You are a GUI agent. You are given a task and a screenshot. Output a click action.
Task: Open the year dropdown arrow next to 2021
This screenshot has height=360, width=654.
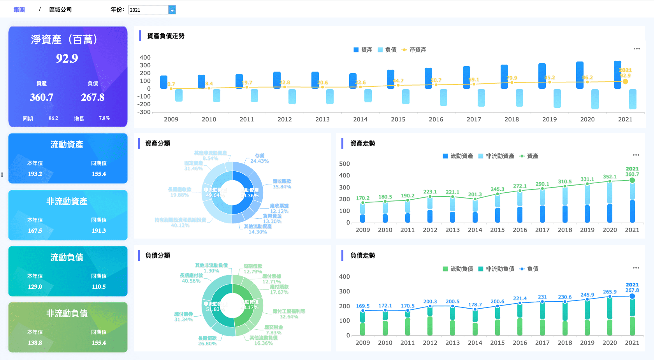[172, 10]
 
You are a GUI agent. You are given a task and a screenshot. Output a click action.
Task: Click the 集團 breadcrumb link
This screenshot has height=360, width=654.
[19, 10]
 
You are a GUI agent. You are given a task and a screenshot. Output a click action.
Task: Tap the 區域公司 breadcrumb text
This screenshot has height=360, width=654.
[60, 10]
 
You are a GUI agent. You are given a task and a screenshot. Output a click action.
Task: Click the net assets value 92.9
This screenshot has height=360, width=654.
[67, 58]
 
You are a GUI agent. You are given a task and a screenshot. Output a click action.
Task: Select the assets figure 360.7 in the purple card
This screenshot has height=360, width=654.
[42, 97]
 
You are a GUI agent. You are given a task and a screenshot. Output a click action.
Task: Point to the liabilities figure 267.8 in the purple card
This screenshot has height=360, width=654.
[93, 97]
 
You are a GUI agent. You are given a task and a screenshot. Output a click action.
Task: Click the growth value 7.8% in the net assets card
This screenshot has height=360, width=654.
[104, 118]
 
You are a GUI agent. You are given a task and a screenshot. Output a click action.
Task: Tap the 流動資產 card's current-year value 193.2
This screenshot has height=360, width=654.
[35, 174]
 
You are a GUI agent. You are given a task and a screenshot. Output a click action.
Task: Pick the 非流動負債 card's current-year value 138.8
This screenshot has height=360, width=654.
[35, 343]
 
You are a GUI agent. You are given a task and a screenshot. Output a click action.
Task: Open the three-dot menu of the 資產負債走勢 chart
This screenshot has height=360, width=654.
[636, 49]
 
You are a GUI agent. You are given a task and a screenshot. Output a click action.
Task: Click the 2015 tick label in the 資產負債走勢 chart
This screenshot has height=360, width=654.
[398, 119]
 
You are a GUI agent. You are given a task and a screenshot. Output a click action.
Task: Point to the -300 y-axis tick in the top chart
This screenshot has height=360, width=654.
[145, 112]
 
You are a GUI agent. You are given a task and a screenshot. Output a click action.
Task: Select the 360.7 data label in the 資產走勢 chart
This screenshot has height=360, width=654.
[632, 174]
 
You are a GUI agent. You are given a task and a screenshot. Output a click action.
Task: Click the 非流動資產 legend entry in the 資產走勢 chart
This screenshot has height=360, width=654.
[496, 156]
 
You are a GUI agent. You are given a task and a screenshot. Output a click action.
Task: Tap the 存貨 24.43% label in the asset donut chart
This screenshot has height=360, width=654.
[259, 158]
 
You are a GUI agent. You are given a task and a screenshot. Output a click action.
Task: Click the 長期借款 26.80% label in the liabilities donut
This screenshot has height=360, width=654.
[207, 341]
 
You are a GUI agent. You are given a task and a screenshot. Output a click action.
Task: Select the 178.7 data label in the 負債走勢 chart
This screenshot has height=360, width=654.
[475, 305]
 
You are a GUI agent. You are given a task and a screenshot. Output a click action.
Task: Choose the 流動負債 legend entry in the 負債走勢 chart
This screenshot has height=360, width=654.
[458, 269]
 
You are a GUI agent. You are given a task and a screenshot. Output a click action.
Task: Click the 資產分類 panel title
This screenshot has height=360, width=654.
[158, 144]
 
